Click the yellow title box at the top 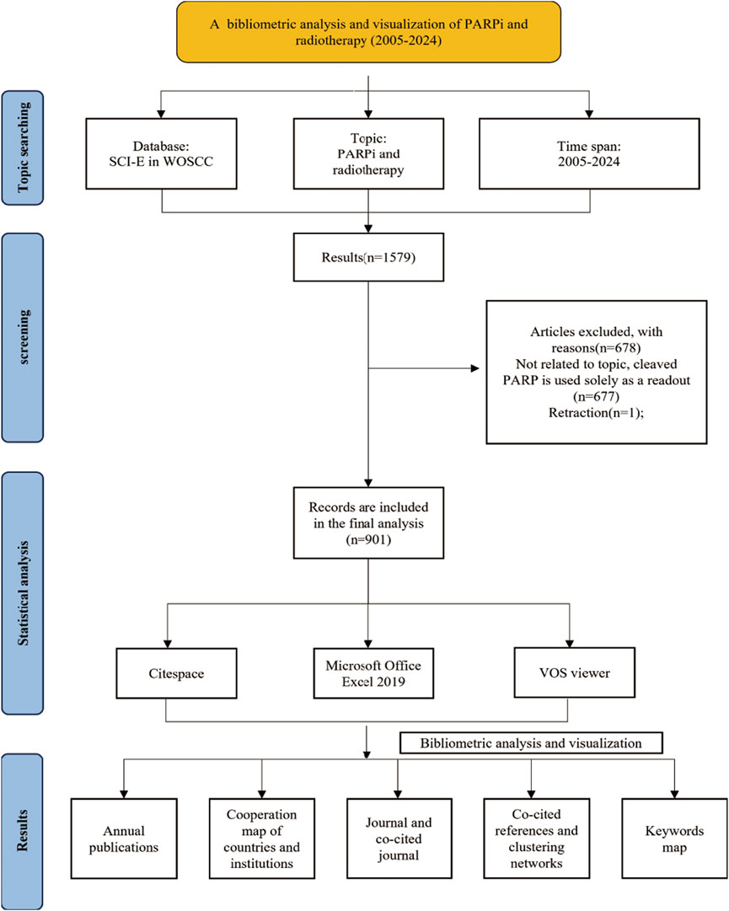[x=368, y=32]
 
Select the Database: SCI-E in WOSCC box [x=161, y=154]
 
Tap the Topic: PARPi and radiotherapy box [x=368, y=154]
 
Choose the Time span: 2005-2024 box [x=589, y=154]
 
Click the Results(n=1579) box [x=368, y=257]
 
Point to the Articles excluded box [x=597, y=372]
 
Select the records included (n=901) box [x=368, y=522]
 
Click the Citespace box [x=177, y=673]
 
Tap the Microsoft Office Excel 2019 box [x=373, y=673]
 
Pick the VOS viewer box [x=575, y=673]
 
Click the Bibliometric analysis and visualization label [x=531, y=743]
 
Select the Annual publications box [x=124, y=839]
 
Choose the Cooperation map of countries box [x=262, y=839]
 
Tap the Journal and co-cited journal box [x=399, y=839]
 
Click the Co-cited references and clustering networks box [x=537, y=839]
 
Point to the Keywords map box [x=674, y=839]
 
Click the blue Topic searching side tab [x=23, y=147]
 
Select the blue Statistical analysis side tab [x=23, y=593]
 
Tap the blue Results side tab [x=23, y=832]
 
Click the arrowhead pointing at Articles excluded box [x=475, y=367]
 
